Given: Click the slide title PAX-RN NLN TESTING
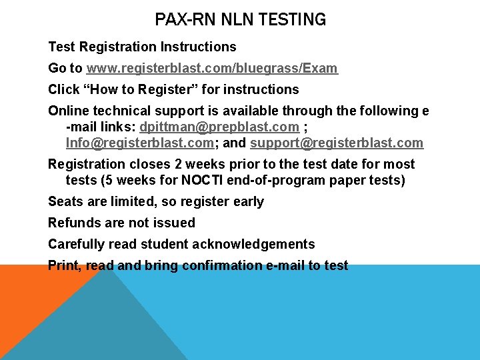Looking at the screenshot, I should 240,20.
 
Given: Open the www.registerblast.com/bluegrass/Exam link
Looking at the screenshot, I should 212,68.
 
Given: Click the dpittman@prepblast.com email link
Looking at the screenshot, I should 219,127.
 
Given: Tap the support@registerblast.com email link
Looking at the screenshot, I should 337,143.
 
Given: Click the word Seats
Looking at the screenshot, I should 65,201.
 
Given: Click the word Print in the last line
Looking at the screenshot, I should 64,265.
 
